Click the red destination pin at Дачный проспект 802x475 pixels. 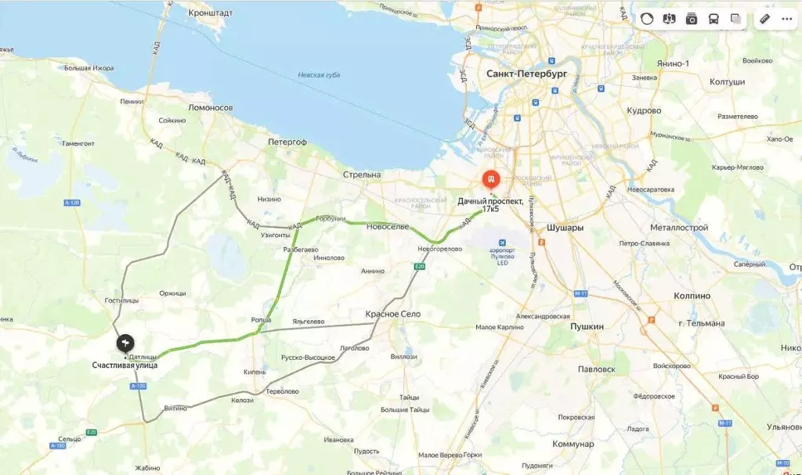point(490,180)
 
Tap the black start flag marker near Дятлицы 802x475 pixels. point(125,344)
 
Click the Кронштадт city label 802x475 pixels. point(211,13)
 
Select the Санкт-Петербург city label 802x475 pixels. point(526,74)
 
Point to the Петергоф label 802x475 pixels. point(287,142)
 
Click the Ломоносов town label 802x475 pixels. point(211,107)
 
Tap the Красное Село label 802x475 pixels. point(393,314)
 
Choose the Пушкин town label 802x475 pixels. point(587,326)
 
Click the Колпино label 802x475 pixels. point(692,296)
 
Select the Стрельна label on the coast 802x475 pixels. point(362,175)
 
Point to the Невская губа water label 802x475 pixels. point(319,75)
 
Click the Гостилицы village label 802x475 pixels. point(122,300)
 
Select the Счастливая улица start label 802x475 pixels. point(125,365)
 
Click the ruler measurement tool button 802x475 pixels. point(765,19)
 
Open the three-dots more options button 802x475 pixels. point(786,19)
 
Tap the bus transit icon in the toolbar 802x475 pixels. point(713,19)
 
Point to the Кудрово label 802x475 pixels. point(644,110)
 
